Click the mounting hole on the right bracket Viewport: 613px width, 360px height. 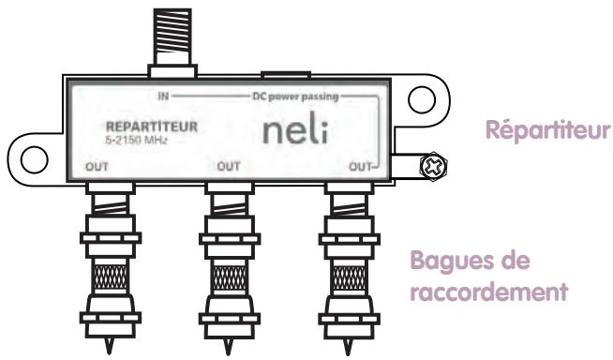(x=420, y=97)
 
